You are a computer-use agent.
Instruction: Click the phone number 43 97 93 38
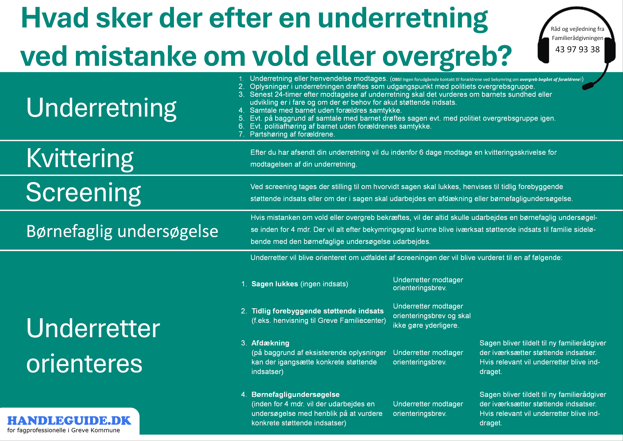coord(577,49)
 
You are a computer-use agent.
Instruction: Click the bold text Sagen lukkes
coord(275,284)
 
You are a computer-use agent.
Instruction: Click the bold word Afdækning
coord(270,343)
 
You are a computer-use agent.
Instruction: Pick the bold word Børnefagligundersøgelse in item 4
coord(295,395)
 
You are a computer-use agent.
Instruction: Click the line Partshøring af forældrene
coord(292,134)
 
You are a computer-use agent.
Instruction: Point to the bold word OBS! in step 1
coord(397,80)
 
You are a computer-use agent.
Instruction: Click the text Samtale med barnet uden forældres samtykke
coord(326,110)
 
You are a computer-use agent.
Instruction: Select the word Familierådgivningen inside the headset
coord(577,38)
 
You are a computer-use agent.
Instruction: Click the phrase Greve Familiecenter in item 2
coord(352,320)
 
